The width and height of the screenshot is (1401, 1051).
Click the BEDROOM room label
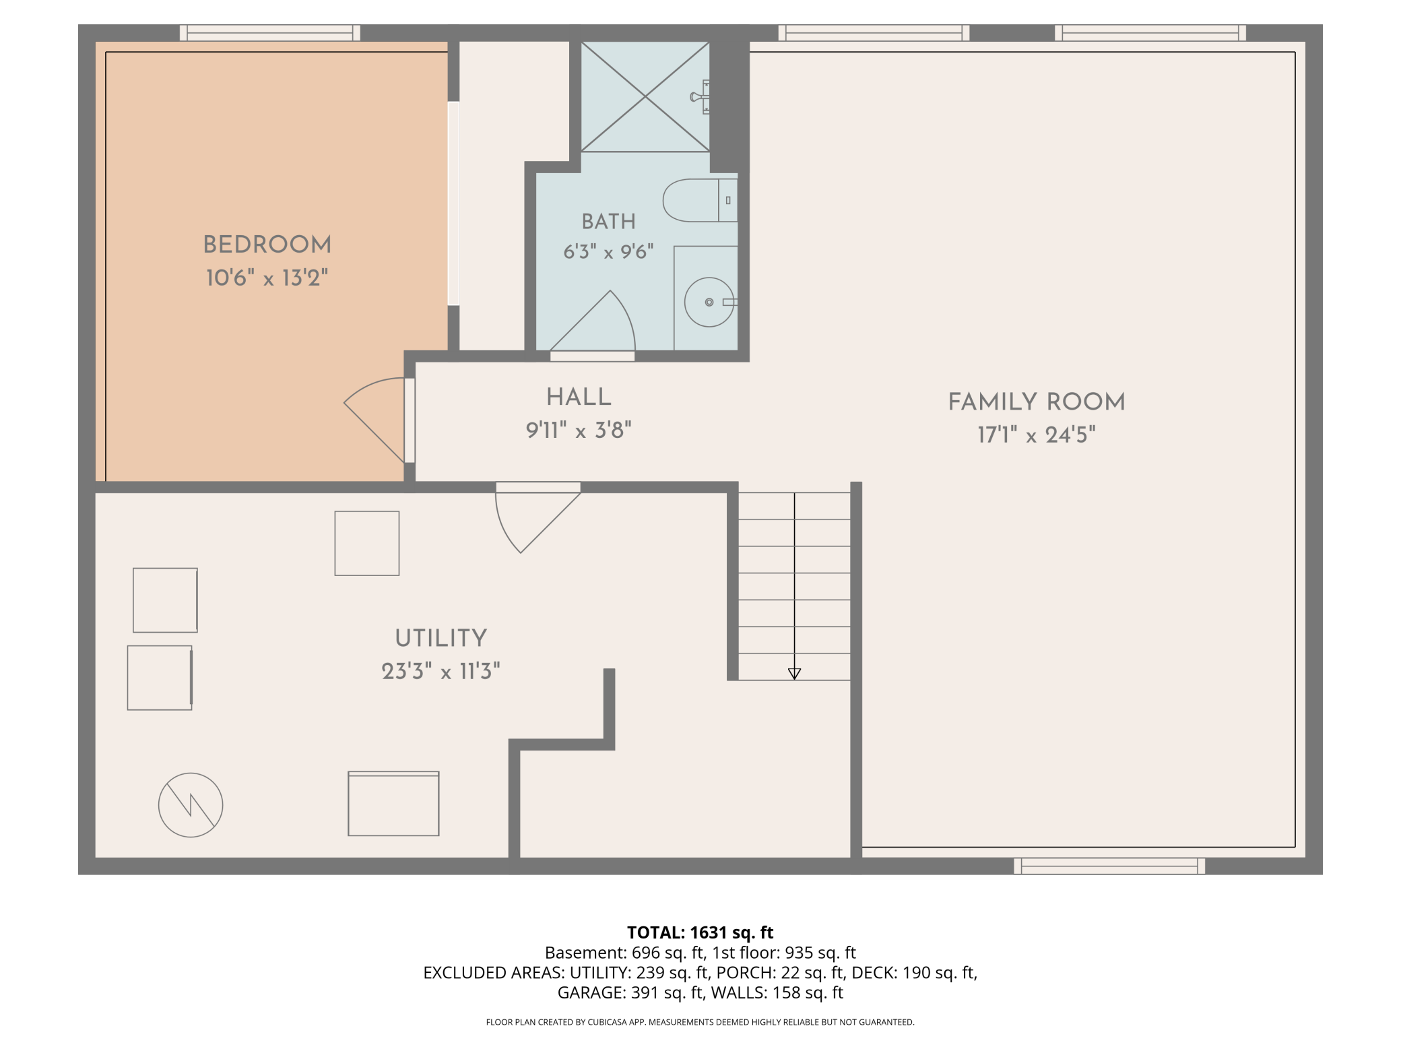coord(267,245)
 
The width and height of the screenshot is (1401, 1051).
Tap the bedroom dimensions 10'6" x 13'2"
coord(267,278)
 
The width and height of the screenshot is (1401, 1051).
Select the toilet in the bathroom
coord(700,200)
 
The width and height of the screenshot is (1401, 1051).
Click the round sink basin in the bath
coord(709,302)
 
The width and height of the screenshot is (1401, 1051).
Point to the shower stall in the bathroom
coord(645,97)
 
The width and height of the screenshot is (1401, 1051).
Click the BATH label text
coord(609,222)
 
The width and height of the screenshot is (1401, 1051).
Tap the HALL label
coord(579,397)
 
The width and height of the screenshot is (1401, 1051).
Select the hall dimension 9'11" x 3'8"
coord(579,430)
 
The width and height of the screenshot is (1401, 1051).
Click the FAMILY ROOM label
coord(1037,402)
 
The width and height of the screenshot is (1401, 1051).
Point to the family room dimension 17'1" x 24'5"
coord(1037,435)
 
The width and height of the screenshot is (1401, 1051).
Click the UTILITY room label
coord(441,638)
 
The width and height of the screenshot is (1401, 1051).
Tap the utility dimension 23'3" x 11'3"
coord(441,671)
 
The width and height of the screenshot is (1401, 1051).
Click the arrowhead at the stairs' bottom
coord(794,674)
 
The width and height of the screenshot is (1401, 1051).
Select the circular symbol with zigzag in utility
coord(191,805)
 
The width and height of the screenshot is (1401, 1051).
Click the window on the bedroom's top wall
coord(269,33)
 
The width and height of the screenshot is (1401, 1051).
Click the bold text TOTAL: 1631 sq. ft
coord(700,932)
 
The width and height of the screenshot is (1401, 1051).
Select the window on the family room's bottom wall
coord(1109,866)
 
